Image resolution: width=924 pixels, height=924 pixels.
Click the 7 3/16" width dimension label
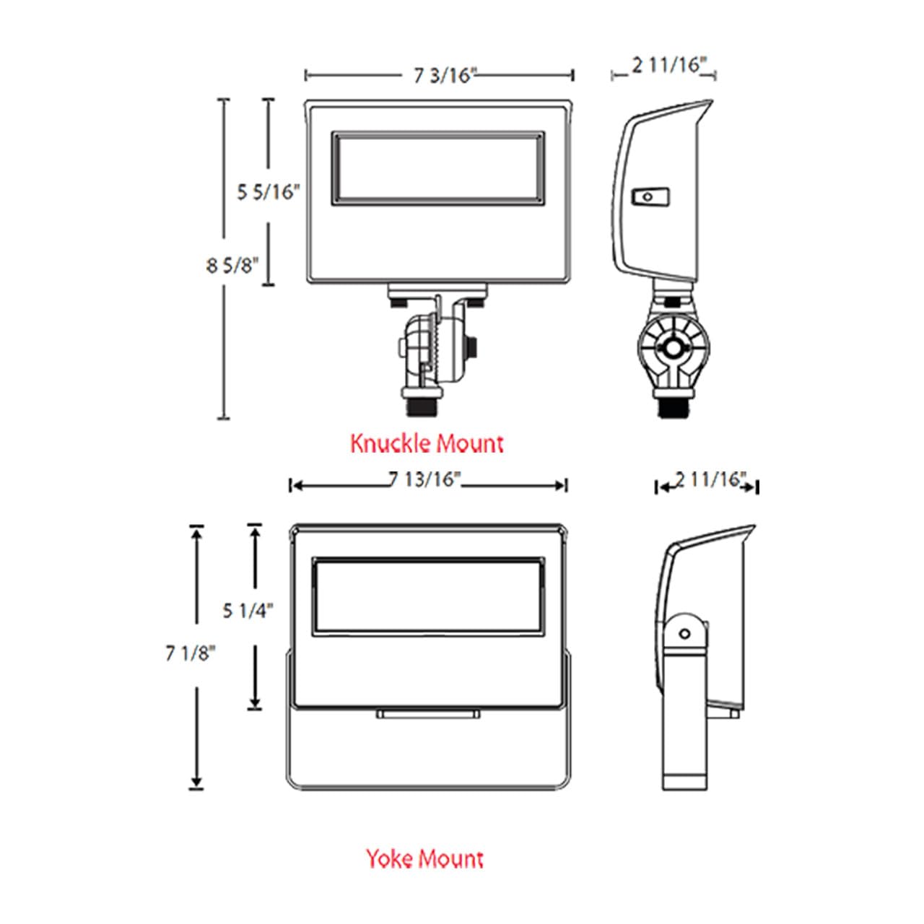point(445,76)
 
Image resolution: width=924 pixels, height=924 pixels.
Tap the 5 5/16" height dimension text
point(269,192)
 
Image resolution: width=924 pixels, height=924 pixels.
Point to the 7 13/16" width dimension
point(424,479)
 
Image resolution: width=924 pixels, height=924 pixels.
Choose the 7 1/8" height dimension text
point(191,653)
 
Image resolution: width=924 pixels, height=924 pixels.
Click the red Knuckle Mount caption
point(427,443)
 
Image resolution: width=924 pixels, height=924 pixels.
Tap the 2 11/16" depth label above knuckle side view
point(669,65)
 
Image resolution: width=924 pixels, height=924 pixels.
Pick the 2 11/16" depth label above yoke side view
point(711,479)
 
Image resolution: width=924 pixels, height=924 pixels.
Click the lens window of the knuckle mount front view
point(437,167)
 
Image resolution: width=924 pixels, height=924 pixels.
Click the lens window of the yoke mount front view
point(428,596)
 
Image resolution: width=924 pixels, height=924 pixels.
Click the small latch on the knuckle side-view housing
point(650,196)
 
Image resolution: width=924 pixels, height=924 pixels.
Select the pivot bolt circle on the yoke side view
point(685,633)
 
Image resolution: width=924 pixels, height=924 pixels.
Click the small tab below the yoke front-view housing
point(428,714)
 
